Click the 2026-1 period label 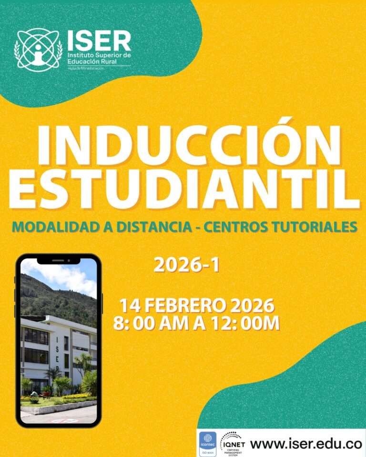(186, 266)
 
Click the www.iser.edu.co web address (306, 444)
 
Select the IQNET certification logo (233, 443)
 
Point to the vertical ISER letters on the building (58, 350)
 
